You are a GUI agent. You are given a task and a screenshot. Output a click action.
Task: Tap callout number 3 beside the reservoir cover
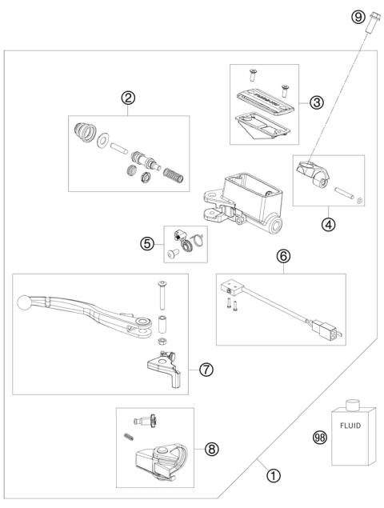point(317,102)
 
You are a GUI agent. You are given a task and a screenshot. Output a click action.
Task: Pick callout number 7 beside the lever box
point(206,370)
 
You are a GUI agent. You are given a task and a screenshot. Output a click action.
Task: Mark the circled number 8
point(211,449)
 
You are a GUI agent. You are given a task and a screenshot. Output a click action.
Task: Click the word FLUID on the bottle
point(353,426)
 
